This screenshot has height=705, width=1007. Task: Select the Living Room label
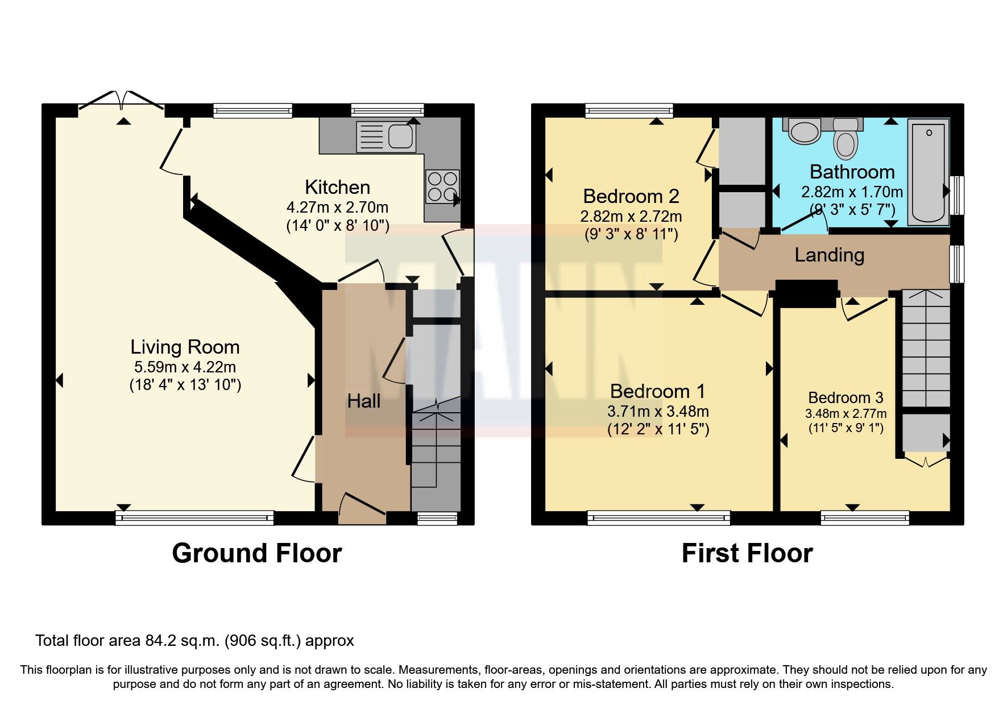coord(185,347)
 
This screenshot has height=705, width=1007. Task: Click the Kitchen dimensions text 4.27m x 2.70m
coord(337,208)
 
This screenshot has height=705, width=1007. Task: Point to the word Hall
coord(363,401)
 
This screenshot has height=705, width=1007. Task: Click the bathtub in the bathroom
coord(928,172)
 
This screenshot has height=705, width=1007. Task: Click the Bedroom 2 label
coord(631,196)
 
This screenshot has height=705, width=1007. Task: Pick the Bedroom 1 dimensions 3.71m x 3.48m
coord(658,411)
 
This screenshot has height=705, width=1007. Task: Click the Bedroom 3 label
coord(846,397)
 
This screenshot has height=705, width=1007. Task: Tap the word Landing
coord(829,255)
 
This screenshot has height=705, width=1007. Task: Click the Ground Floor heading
coord(256,553)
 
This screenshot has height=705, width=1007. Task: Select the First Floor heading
coord(747,553)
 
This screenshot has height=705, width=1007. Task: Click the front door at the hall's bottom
coord(363,509)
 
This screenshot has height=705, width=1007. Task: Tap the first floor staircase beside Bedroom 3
coord(926,348)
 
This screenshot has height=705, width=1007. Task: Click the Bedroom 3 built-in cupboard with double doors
coord(926,435)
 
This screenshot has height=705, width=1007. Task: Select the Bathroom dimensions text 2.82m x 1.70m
coord(851,192)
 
